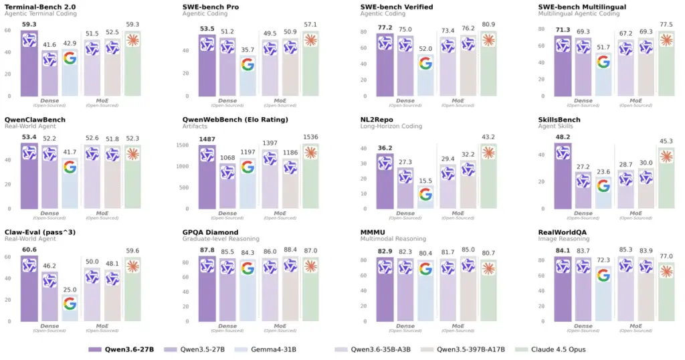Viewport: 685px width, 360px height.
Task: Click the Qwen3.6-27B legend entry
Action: click(121, 349)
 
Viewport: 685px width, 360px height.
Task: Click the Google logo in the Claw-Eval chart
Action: click(70, 304)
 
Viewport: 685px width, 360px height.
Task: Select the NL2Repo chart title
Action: click(379, 120)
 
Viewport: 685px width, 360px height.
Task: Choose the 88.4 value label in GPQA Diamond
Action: click(290, 250)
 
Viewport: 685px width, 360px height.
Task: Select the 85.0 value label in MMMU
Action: click(468, 250)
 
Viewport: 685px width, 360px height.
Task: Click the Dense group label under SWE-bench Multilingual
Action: click(583, 100)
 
